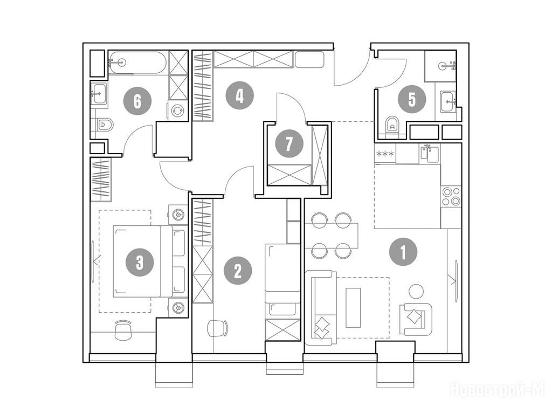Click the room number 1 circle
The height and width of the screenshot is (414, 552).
pos(403,252)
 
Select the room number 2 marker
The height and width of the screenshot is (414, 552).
pos(238,272)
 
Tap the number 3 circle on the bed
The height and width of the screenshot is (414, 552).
pos(140,262)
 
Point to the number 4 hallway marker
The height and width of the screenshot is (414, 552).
pos(240,95)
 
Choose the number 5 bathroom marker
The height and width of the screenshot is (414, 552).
pos(412,99)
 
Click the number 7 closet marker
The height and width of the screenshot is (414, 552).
pos(289,143)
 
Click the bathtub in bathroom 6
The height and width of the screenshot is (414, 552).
pos(137,63)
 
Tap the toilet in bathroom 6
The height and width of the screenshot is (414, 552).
pos(105,125)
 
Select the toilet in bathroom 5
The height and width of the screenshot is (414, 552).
pos(391,124)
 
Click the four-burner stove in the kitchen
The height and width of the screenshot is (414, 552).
pos(451,196)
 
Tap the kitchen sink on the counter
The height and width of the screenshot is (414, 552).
pos(430,154)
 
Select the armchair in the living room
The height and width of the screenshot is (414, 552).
pos(416,319)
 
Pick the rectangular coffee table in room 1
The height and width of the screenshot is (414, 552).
pos(354,308)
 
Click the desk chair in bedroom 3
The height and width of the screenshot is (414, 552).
pos(122,329)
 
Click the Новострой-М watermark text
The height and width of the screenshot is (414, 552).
pos(498,389)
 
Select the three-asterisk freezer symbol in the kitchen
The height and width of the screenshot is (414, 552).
pos(385,154)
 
